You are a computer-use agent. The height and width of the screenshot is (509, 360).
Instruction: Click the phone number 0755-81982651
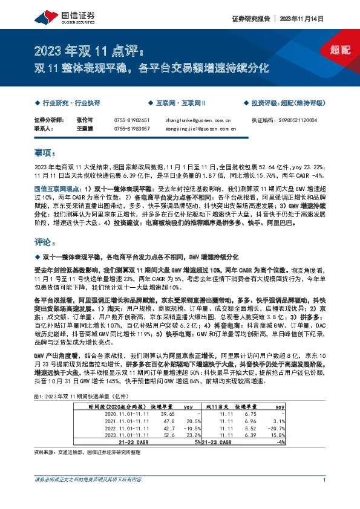click(x=131, y=120)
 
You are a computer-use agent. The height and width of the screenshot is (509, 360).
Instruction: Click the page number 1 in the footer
click(x=325, y=498)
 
